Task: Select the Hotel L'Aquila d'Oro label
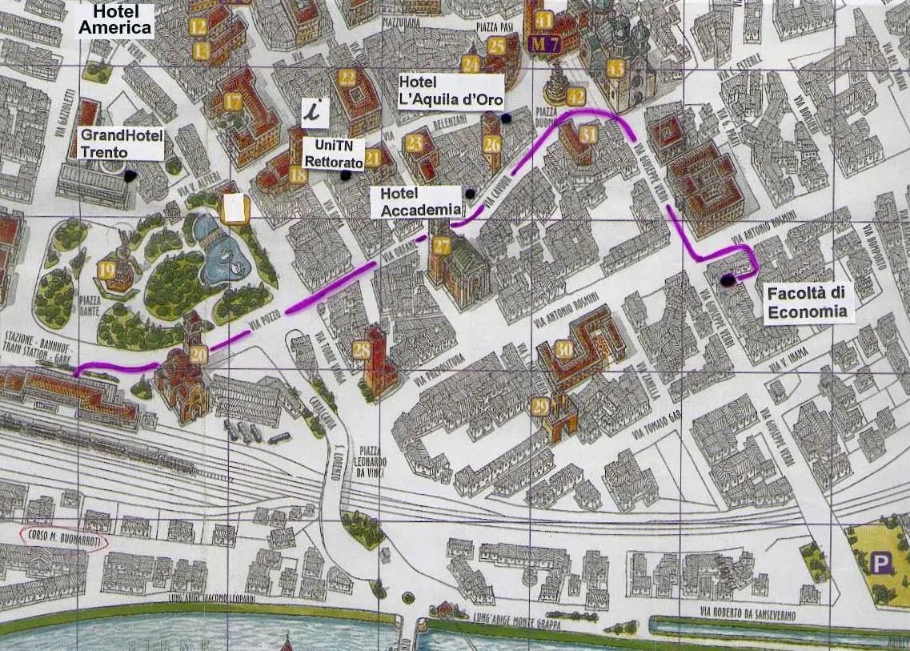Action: [451, 93]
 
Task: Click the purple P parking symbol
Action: [881, 564]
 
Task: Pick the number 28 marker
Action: [362, 349]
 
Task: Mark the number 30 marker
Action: [564, 349]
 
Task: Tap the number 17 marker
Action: [233, 102]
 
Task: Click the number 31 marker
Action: [588, 135]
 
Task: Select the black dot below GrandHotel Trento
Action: [130, 174]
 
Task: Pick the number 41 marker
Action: [545, 20]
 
